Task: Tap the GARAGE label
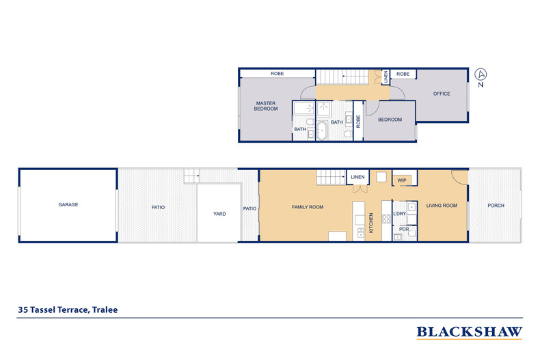pyautogui.click(x=68, y=204)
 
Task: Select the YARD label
pyautogui.click(x=219, y=214)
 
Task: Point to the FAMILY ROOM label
pyautogui.click(x=308, y=207)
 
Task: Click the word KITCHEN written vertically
pyautogui.click(x=372, y=222)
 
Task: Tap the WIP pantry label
pyautogui.click(x=403, y=181)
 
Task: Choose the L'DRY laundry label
pyautogui.click(x=400, y=214)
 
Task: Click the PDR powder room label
pyautogui.click(x=404, y=229)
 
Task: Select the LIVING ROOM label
pyautogui.click(x=441, y=205)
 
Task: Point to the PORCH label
pyautogui.click(x=496, y=205)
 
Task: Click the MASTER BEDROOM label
pyautogui.click(x=266, y=106)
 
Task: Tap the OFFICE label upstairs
pyautogui.click(x=442, y=94)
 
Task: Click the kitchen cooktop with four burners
pyautogui.click(x=386, y=219)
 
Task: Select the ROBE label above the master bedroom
pyautogui.click(x=277, y=73)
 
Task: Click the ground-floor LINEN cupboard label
pyautogui.click(x=357, y=178)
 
